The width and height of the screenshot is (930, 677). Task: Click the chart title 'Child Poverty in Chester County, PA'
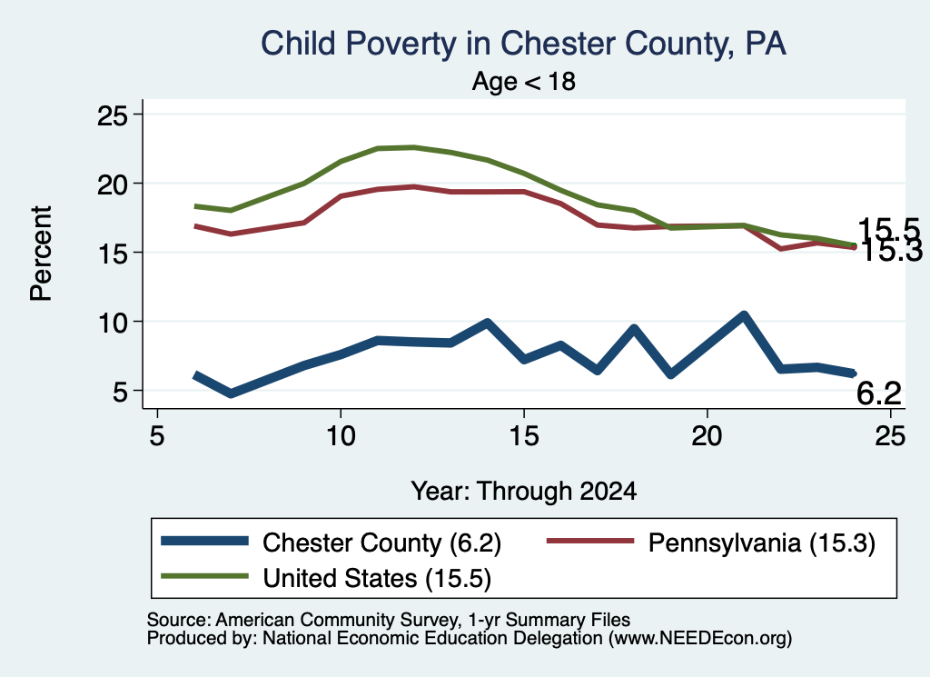[x=524, y=44]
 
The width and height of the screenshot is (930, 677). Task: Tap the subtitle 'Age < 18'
[x=524, y=81]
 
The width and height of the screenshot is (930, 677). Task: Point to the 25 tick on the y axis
[x=113, y=114]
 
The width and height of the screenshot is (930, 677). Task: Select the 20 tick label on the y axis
[x=113, y=184]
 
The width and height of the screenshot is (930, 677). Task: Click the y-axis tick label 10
[x=113, y=323]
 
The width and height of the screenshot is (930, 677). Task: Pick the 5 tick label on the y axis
[x=121, y=392]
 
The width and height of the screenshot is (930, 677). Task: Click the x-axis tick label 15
[x=524, y=436]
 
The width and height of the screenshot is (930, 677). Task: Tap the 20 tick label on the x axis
[x=707, y=436]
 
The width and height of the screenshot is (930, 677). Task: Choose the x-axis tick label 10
[x=341, y=436]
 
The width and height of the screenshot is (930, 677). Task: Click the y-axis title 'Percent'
[x=42, y=254]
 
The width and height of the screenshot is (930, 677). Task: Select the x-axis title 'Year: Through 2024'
[x=524, y=492]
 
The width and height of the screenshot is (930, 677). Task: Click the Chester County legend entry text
[x=382, y=543]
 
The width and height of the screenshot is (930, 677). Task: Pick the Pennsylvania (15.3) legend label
[x=762, y=543]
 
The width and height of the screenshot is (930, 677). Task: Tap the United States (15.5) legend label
[x=377, y=579]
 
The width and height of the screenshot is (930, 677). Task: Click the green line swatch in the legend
[x=204, y=576]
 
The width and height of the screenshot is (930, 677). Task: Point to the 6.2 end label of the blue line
[x=879, y=393]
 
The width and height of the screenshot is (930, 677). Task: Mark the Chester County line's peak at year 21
[x=743, y=315]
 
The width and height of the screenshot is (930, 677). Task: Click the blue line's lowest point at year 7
[x=231, y=393]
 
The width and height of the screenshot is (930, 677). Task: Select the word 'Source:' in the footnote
[x=179, y=620]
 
